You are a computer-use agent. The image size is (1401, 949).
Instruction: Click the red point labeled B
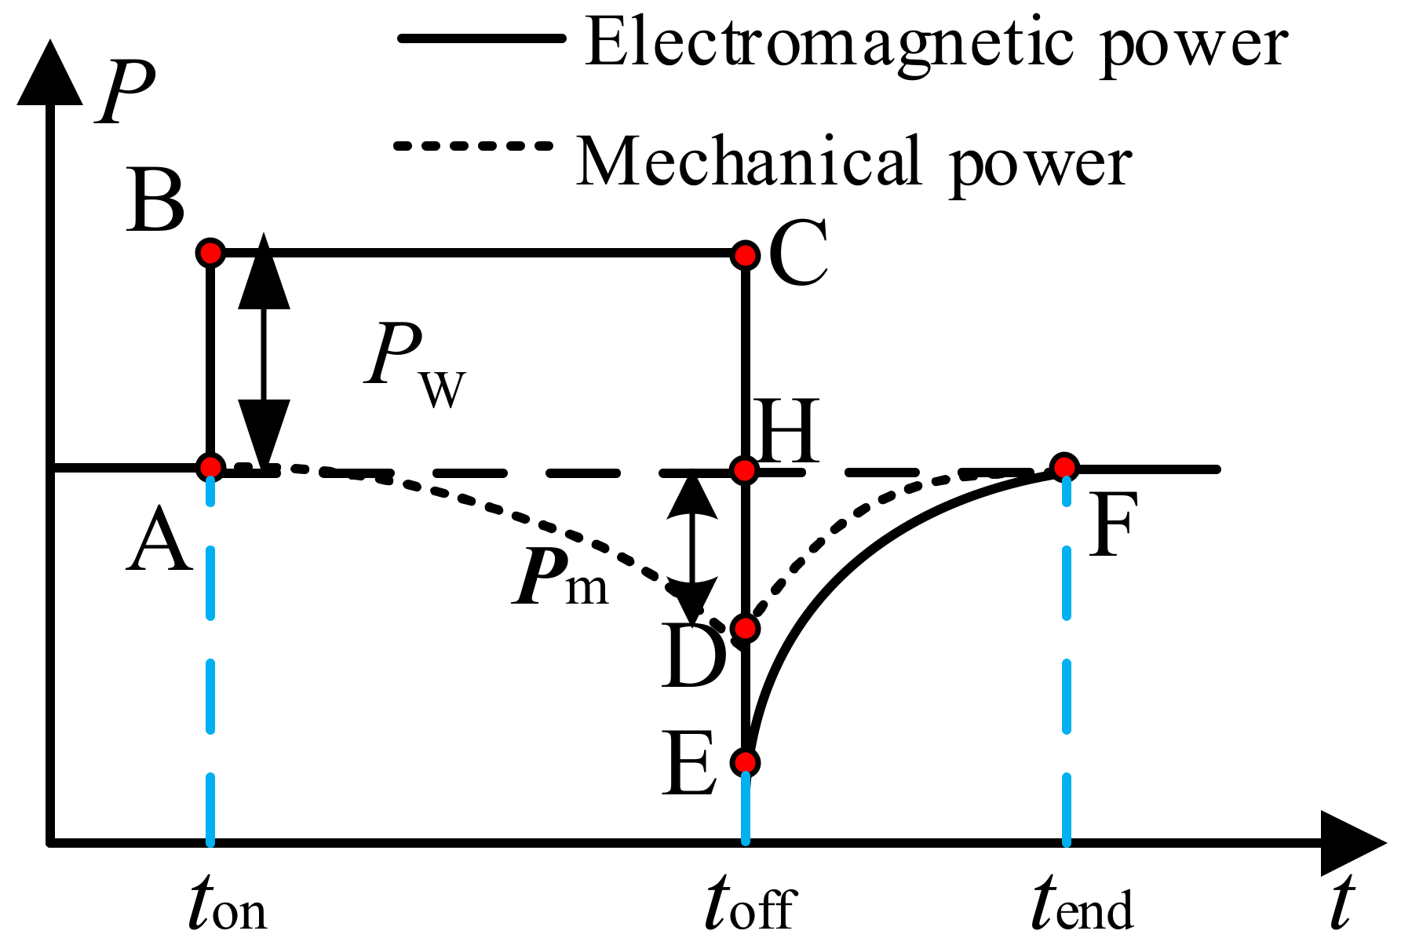click(210, 253)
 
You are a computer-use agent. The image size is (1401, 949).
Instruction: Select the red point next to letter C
click(745, 255)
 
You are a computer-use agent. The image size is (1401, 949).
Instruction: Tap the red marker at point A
click(210, 468)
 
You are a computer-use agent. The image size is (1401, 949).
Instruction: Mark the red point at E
click(745, 762)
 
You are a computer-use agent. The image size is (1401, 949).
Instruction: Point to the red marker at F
click(1064, 468)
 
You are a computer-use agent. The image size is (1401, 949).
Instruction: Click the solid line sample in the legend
click(481, 38)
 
